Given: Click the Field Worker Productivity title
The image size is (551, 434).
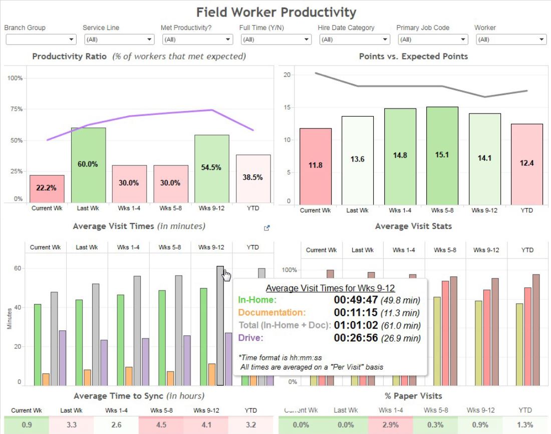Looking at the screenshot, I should [276, 12].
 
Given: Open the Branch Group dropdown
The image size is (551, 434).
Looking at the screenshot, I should [41, 39].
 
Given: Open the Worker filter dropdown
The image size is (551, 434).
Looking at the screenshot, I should [510, 39].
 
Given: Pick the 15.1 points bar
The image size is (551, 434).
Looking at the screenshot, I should [441, 155].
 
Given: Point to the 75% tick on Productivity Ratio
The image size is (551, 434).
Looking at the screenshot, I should [17, 109].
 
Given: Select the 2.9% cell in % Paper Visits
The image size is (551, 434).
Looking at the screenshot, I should [390, 425].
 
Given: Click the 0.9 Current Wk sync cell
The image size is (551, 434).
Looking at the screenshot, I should [27, 425].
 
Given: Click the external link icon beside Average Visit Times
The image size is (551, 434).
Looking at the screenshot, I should [267, 228].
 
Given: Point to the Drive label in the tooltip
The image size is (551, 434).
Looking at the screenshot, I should [250, 338].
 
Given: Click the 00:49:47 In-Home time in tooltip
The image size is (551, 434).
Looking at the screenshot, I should [356, 300].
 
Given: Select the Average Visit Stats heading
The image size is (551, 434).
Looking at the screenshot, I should [413, 226].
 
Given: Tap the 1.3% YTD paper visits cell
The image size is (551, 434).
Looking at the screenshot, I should [525, 425].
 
